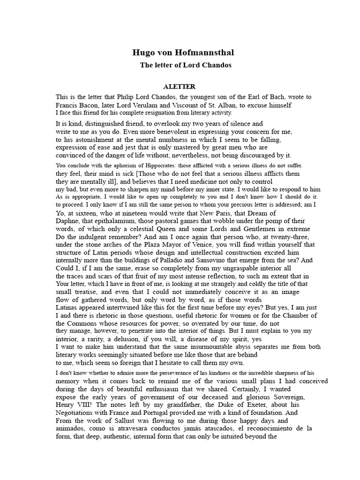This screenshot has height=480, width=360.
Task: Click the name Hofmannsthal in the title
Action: (x=201, y=52)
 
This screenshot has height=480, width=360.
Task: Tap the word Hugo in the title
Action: (x=142, y=52)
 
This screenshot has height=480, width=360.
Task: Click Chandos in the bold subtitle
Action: (x=214, y=65)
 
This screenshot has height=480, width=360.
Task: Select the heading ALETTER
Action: (x=180, y=87)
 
